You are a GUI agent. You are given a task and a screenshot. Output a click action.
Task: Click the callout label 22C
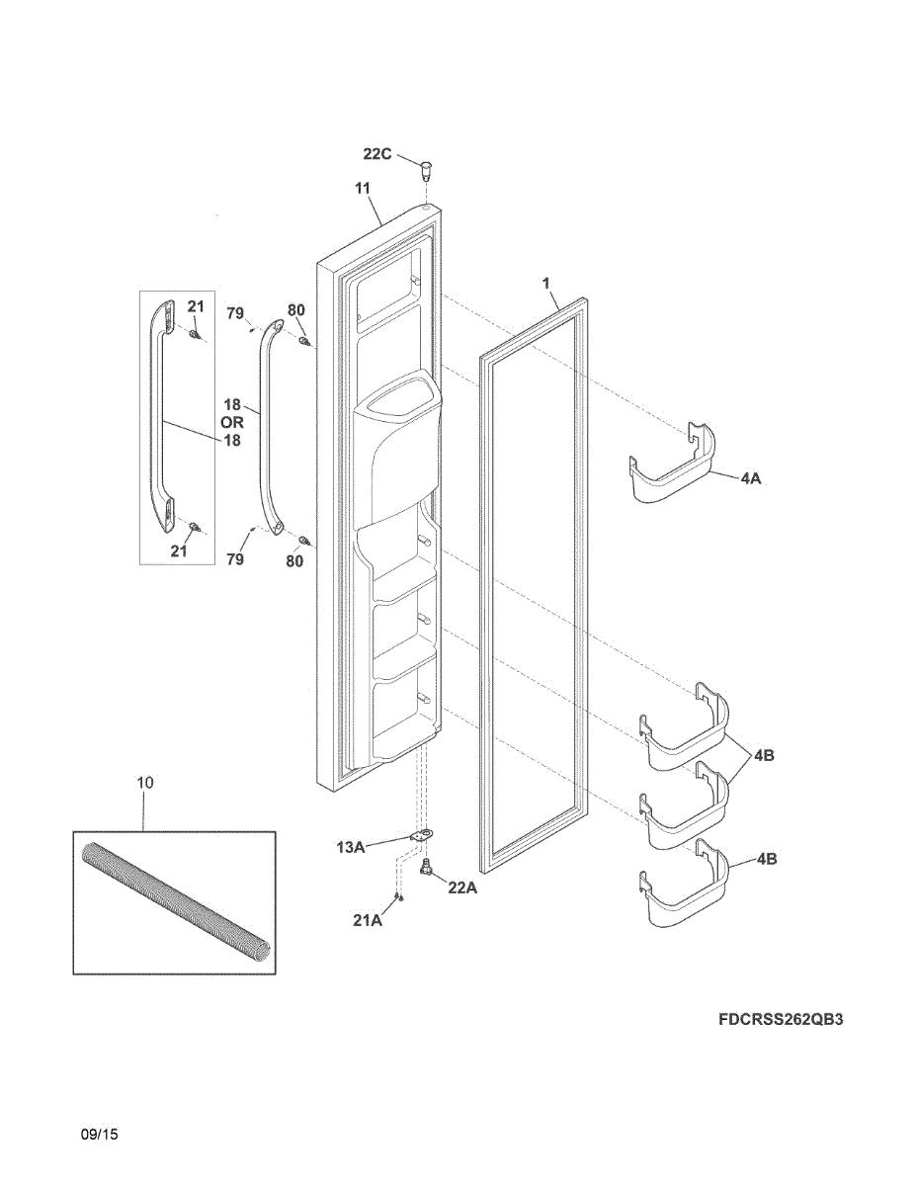click(377, 154)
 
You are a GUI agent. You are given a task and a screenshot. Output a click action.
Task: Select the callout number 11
click(363, 188)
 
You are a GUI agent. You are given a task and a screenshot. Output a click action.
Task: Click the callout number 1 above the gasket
click(545, 284)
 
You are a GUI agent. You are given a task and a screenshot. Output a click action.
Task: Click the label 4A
click(751, 477)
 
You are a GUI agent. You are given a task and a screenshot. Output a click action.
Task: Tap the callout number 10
click(144, 783)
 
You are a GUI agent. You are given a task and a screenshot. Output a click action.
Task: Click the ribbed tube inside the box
click(174, 900)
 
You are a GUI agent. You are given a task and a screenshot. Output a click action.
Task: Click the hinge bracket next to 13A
click(424, 837)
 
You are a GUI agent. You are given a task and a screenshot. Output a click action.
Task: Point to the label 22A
click(462, 888)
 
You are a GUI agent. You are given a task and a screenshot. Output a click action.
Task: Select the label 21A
click(368, 920)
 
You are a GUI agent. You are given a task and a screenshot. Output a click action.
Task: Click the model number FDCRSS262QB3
click(781, 1019)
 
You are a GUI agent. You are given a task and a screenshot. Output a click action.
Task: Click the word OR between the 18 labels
click(231, 422)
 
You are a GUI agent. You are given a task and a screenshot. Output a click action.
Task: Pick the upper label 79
click(235, 313)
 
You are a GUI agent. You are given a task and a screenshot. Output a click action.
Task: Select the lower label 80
click(294, 562)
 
